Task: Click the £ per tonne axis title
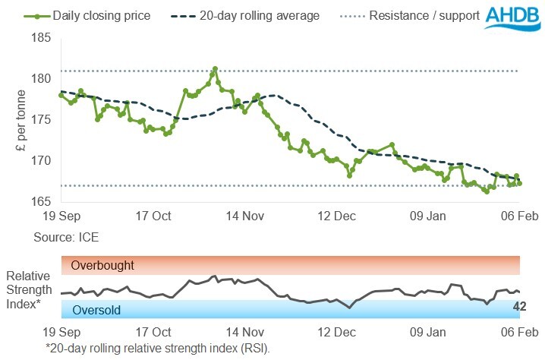point(20,120)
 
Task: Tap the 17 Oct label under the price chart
point(152,216)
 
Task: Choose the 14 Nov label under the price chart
point(244,216)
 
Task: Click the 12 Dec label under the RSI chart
point(336,333)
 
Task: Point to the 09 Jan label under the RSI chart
point(427,333)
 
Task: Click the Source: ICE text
point(65,238)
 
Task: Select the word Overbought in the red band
point(102,266)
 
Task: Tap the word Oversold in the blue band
point(96,309)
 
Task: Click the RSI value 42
point(520,307)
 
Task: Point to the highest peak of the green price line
point(216,68)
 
